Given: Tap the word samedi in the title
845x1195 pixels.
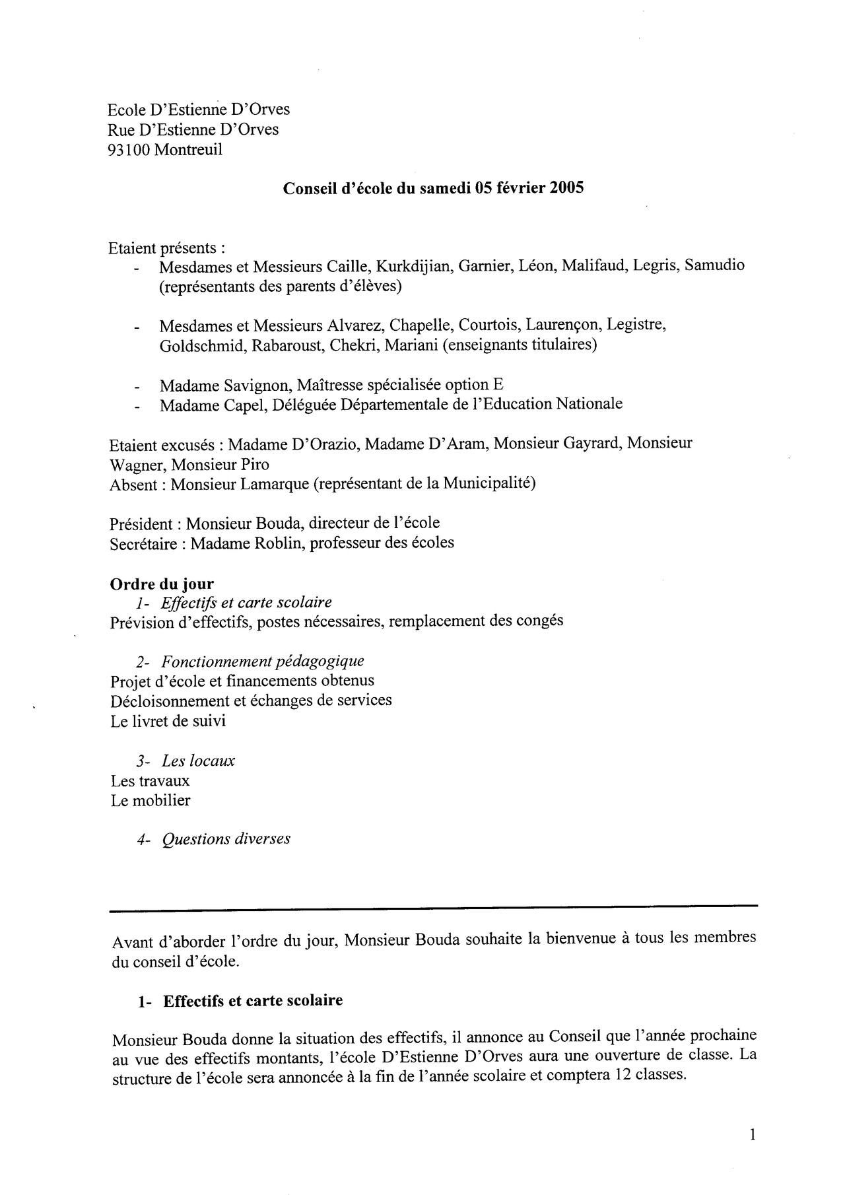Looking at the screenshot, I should tap(438, 188).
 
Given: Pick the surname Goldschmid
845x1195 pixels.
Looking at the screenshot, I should tap(201, 345).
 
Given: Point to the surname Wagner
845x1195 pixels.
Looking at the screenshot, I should tap(137, 464).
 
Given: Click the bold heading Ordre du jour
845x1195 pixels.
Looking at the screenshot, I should tap(162, 584).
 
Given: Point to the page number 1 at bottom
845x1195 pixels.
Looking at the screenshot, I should tap(753, 1136).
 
